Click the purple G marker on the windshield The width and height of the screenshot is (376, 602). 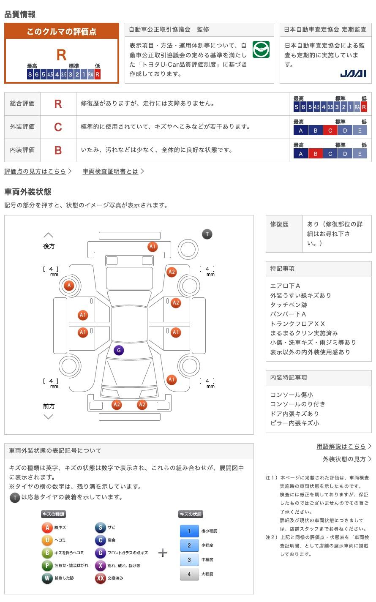coord(119,350)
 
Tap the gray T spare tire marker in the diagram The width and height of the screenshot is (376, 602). coord(207,234)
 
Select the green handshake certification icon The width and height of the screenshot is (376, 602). coord(261,49)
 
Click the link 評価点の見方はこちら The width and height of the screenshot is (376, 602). coord(35,171)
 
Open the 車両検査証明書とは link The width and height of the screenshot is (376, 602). coord(111,171)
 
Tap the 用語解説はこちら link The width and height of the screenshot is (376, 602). coord(341,446)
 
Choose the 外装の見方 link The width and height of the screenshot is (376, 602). coord(344,459)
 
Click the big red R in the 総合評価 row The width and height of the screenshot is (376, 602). coord(58,104)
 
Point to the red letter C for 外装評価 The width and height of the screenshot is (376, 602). coord(58,127)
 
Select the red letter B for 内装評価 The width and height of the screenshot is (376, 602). coord(58,150)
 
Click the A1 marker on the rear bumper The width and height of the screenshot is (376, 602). coord(153,247)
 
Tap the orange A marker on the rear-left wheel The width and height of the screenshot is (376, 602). coord(69,286)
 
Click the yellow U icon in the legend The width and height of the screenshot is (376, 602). coord(47,540)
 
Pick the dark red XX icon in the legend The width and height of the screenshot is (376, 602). coord(100,578)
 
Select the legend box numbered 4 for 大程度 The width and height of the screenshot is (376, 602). coord(189,574)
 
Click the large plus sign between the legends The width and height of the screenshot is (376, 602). coord(163,553)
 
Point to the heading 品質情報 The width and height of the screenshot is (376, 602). coord(20,14)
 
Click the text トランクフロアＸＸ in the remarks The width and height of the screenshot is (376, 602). coord(297,324)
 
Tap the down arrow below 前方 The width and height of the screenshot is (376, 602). coord(49,417)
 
